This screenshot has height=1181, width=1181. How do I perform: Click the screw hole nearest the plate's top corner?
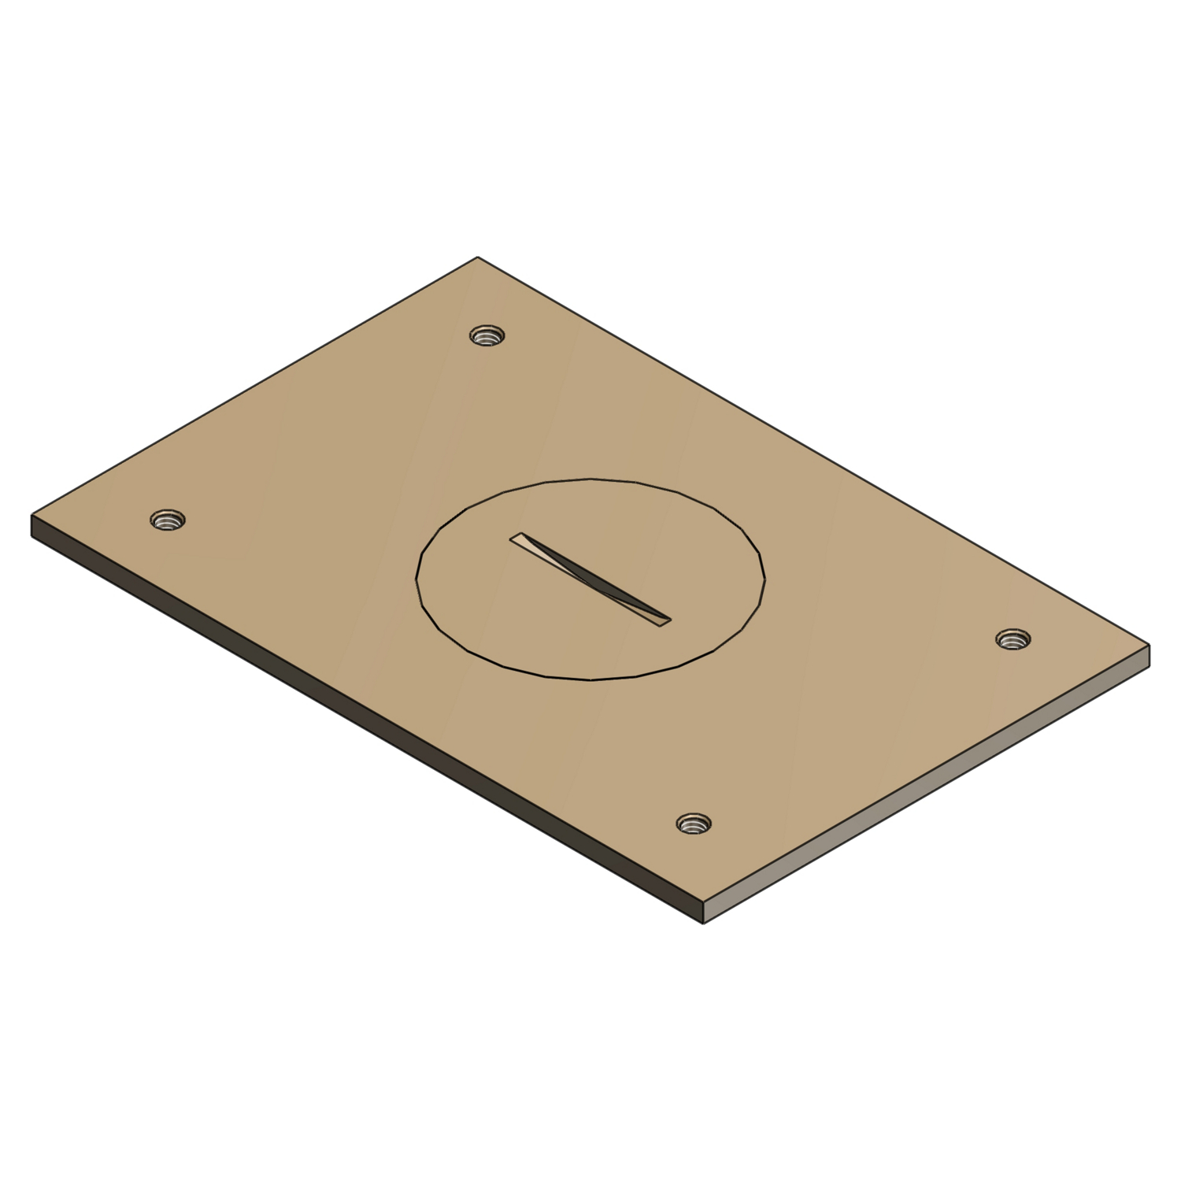pos(487,336)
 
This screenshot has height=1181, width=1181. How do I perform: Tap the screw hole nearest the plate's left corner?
pos(167,520)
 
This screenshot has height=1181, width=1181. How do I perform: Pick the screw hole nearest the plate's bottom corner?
pos(694,824)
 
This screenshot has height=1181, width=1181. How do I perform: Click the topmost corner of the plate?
pos(477,257)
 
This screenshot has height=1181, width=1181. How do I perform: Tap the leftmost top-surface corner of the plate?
pos(31,515)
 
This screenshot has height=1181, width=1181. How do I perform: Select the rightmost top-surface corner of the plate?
pos(1150,645)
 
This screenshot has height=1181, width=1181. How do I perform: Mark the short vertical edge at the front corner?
pos(703,913)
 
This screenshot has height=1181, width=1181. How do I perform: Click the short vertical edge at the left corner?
pos(32,525)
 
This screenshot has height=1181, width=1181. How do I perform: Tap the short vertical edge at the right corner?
pos(1149,655)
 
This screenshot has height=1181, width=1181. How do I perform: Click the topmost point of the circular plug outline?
pos(590,478)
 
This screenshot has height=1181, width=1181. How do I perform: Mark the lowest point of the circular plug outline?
pos(590,680)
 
